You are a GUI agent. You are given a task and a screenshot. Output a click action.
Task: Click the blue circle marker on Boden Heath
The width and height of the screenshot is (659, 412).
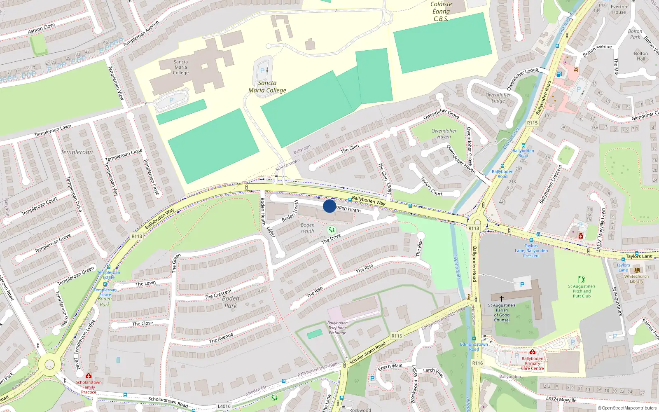329,206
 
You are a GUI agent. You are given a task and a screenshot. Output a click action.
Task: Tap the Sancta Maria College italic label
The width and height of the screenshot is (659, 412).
267,87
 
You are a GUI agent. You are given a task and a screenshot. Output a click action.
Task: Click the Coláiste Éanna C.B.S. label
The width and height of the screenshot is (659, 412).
441,12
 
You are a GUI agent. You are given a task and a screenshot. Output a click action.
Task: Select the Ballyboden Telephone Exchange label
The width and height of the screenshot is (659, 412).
337,328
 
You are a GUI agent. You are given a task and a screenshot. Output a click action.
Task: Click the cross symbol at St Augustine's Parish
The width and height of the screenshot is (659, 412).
501,298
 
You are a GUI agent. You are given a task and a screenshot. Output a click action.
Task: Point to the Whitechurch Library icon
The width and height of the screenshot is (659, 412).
637,270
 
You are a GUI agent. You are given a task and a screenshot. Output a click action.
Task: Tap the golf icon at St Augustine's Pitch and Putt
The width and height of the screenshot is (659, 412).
581,279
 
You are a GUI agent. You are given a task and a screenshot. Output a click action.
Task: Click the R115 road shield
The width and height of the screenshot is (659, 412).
532,123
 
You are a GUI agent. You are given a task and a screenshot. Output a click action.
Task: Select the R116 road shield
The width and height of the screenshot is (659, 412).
477,363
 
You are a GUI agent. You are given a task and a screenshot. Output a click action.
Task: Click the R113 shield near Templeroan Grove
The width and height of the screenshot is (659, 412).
137,236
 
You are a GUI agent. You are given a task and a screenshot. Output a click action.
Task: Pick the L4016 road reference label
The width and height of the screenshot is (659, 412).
224,406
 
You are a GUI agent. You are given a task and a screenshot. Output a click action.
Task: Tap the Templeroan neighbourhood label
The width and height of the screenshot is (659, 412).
77,152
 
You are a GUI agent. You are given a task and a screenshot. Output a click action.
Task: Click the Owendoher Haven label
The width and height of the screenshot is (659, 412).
444,133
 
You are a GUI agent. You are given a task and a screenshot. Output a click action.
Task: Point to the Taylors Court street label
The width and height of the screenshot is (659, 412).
431,186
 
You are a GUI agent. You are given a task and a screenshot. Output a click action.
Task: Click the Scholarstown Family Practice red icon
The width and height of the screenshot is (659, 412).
88,376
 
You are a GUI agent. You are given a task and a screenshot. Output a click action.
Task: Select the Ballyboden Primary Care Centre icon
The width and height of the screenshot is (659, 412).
532,352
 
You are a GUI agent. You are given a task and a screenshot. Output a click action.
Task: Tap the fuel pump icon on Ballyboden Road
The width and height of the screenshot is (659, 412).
559,74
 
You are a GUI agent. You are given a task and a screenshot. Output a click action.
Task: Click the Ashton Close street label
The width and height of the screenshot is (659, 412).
41,28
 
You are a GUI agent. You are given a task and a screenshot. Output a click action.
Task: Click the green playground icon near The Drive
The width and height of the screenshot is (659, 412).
331,229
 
